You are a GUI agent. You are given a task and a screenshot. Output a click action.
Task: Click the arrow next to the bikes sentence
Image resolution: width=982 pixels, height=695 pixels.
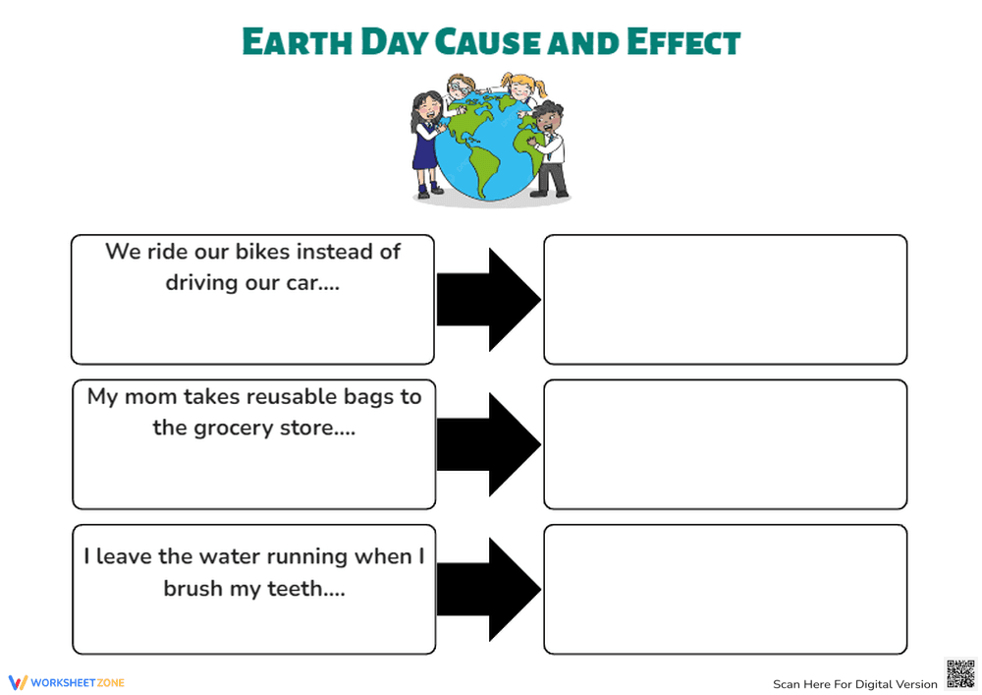pyautogui.click(x=488, y=300)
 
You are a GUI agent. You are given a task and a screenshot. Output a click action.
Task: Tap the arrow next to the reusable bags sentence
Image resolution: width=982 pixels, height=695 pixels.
pyautogui.click(x=488, y=444)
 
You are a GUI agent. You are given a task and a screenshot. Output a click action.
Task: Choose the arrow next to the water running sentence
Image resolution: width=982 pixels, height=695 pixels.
pyautogui.click(x=488, y=589)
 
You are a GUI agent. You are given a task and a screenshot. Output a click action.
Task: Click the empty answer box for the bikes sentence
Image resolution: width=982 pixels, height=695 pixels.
pyautogui.click(x=725, y=300)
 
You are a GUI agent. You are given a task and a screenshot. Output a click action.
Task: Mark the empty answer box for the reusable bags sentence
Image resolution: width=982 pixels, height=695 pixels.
pyautogui.click(x=725, y=444)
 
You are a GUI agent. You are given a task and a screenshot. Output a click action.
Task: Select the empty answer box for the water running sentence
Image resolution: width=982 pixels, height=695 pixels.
pyautogui.click(x=725, y=589)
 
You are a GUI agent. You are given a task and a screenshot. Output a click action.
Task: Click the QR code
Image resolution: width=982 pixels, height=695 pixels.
pyautogui.click(x=959, y=674)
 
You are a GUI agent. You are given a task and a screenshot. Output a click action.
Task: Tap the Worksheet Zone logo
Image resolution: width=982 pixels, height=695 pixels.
pyautogui.click(x=67, y=682)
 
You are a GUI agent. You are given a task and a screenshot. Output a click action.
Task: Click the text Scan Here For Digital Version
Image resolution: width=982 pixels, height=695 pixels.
pyautogui.click(x=854, y=684)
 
